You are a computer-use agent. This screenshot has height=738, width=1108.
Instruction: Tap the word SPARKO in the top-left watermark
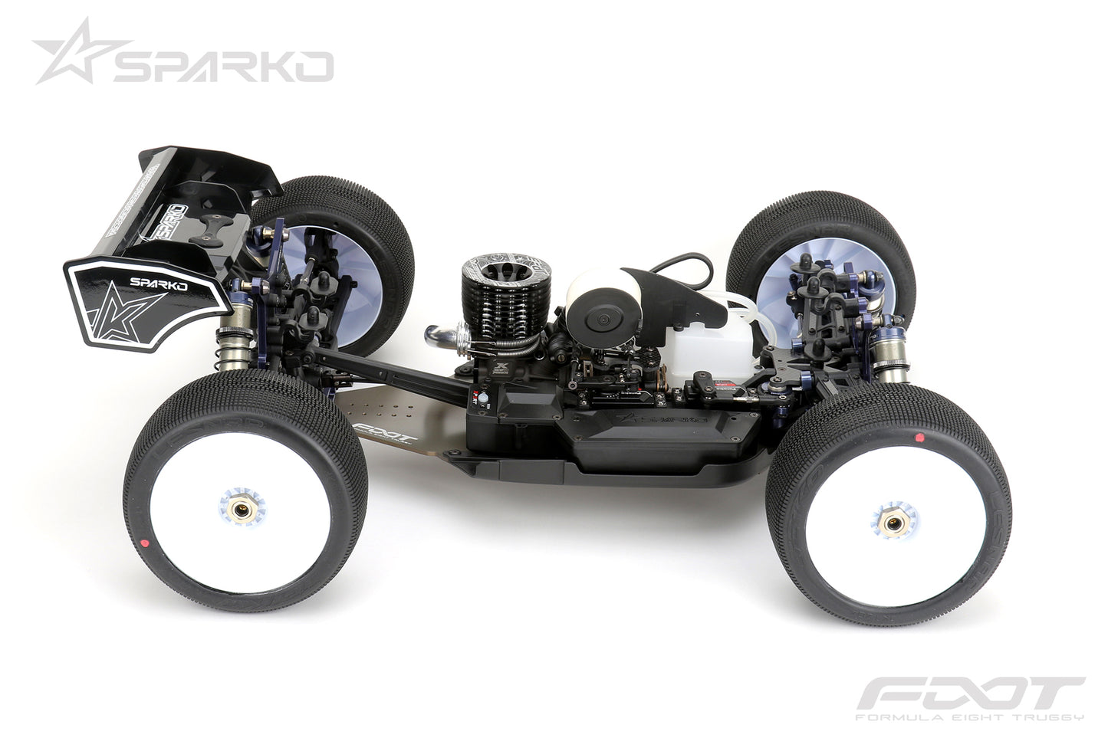(222, 67)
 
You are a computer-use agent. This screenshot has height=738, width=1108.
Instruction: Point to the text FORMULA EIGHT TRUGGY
(969, 717)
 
